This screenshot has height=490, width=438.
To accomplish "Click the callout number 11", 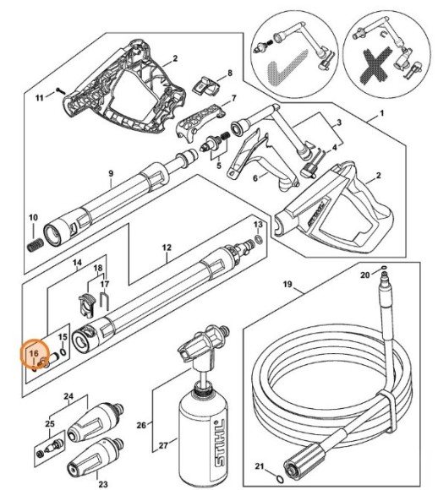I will pos(39,99).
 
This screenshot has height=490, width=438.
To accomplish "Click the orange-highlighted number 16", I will pos(34,352).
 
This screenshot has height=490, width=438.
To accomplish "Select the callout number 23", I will pos(103,484).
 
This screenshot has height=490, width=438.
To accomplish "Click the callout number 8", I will pos(228,73).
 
